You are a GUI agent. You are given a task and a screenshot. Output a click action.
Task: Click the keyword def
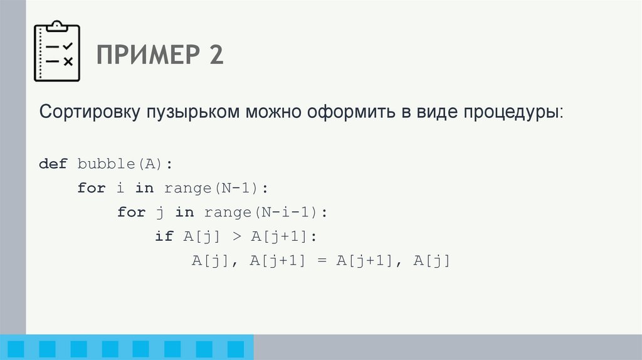53,164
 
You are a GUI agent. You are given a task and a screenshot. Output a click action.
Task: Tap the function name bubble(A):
124,164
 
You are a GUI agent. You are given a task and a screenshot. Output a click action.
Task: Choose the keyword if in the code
164,236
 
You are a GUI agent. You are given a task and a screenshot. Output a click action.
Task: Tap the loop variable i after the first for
120,188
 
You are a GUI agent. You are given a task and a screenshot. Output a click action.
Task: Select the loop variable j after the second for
159,212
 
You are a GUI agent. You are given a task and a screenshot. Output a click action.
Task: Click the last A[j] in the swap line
432,261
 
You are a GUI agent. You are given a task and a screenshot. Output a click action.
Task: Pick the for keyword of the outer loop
92,188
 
